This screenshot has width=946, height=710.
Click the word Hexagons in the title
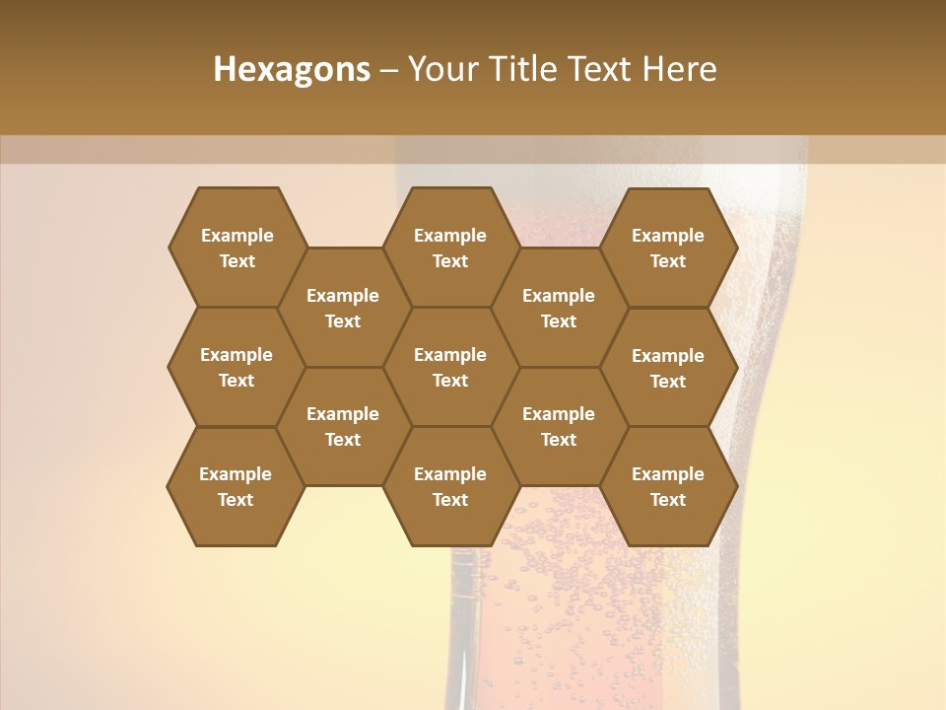[292, 69]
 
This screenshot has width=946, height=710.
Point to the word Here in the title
[680, 69]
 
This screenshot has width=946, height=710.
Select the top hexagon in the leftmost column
[236, 248]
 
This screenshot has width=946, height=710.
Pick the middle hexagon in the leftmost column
[236, 367]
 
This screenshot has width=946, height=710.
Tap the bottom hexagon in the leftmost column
[236, 486]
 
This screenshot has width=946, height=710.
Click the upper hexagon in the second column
[343, 308]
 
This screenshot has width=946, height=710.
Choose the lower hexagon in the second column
[343, 426]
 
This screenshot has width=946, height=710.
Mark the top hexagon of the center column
[450, 248]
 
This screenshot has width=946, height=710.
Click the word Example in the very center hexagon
[450, 355]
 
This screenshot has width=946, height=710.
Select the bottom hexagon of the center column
[450, 486]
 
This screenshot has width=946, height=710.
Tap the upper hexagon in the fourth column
[559, 308]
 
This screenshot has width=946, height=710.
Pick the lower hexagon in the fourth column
[559, 426]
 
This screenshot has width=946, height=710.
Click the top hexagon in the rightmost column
[668, 248]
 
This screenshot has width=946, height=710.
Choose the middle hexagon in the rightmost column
[668, 368]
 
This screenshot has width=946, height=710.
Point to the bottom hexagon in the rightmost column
[668, 486]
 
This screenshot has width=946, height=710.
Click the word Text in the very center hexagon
[450, 381]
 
